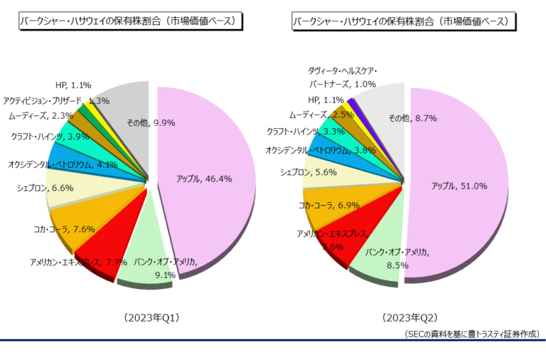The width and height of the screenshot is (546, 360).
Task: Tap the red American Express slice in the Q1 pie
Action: coord(96,253)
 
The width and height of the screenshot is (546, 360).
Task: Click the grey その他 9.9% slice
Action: coord(128,107)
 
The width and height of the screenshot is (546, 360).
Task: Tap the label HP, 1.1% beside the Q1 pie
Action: coord(74,85)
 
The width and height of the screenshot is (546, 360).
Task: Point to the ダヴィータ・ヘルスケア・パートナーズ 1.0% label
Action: coord(342,78)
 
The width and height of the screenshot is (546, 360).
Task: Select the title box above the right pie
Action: coord(402,22)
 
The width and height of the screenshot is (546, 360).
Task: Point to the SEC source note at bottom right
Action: coord(471,333)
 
